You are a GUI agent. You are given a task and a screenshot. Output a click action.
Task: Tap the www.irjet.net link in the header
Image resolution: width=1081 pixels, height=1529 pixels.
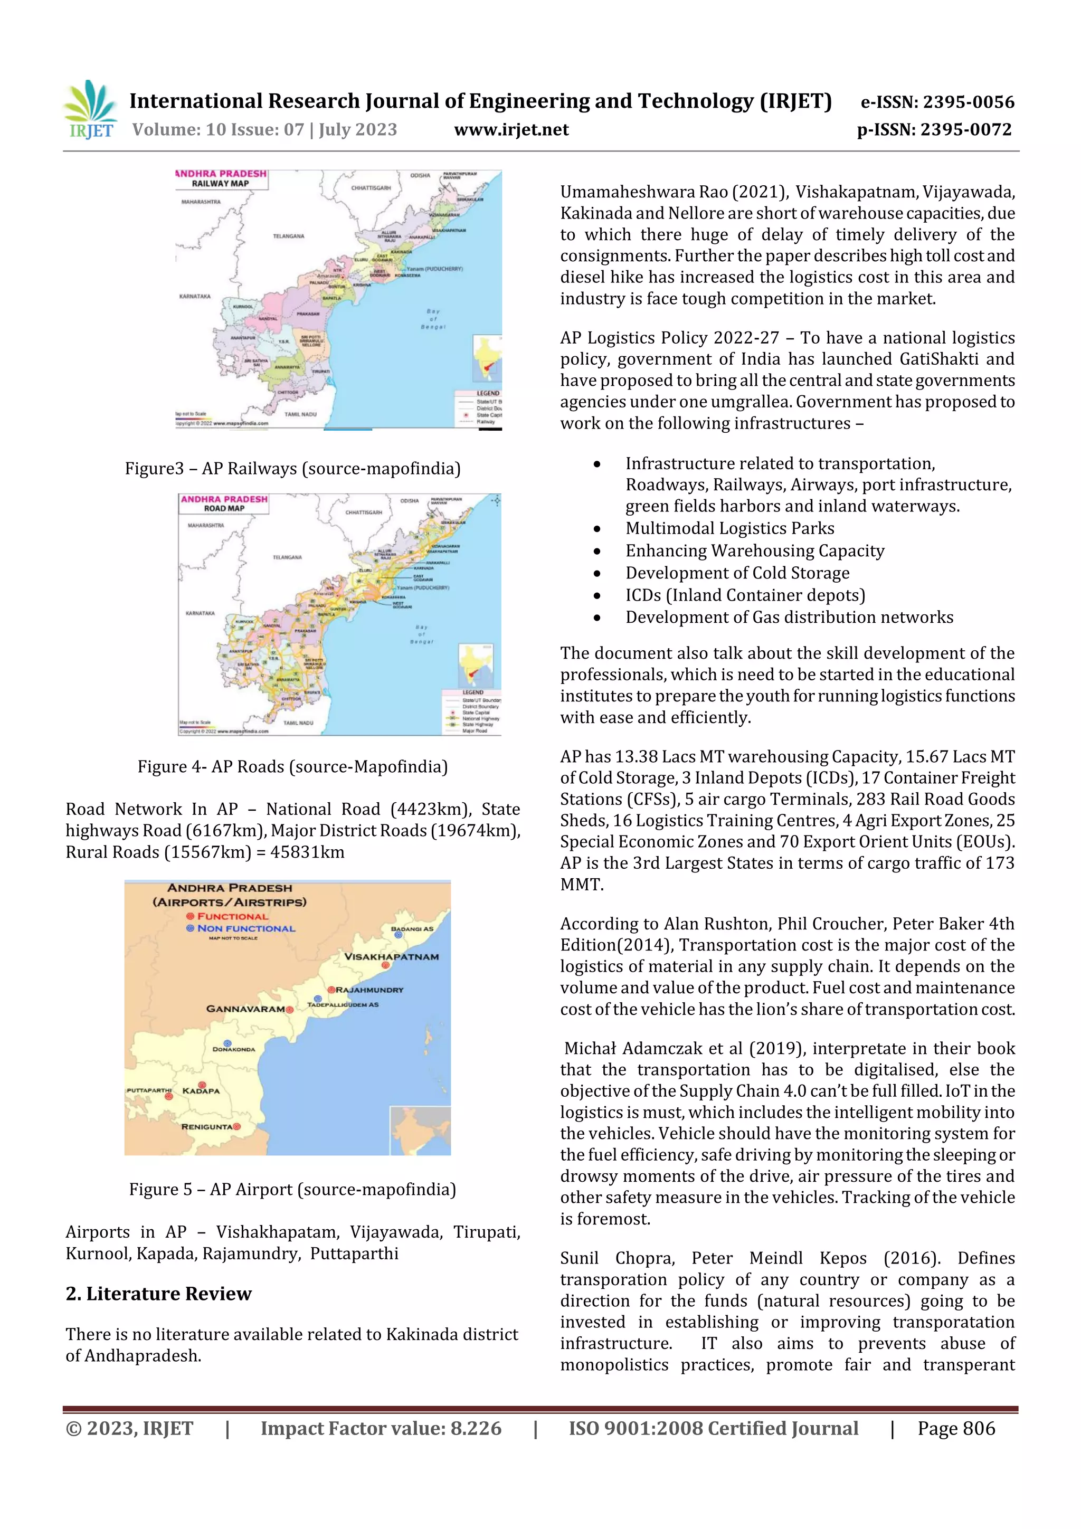click(x=511, y=130)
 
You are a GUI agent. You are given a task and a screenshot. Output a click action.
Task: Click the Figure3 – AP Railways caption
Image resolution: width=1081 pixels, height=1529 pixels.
click(x=292, y=468)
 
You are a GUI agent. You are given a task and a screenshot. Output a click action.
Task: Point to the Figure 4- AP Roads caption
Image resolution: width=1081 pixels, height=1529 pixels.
click(x=292, y=766)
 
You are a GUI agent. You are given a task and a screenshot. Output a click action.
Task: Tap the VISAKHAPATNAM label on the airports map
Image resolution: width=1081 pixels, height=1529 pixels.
click(x=391, y=956)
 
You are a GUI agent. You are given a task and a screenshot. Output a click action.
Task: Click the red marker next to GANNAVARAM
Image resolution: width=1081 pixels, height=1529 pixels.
click(x=290, y=1010)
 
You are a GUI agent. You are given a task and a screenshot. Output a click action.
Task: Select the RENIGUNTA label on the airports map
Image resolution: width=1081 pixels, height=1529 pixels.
click(x=206, y=1127)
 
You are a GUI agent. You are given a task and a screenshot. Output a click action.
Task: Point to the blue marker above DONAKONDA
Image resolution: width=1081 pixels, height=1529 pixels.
click(x=227, y=1043)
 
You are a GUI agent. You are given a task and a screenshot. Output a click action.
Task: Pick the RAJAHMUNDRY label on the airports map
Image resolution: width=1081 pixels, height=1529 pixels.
click(x=369, y=990)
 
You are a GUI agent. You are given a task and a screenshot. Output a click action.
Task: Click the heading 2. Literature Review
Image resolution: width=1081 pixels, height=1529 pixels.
click(x=158, y=1293)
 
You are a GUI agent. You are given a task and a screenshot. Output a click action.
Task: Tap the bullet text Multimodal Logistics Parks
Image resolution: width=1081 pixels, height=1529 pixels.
click(x=729, y=528)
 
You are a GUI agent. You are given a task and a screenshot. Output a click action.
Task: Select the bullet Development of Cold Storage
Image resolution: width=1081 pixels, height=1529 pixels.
click(x=737, y=573)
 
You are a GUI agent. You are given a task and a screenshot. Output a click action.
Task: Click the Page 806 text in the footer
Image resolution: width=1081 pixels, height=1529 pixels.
click(x=956, y=1428)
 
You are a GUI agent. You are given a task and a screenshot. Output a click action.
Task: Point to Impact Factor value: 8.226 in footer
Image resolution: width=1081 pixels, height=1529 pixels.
click(x=381, y=1428)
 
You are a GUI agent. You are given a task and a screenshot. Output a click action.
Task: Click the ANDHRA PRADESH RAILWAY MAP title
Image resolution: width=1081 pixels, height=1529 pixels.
click(x=221, y=178)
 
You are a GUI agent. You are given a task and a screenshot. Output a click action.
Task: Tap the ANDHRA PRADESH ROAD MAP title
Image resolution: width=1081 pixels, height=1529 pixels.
click(x=224, y=504)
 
